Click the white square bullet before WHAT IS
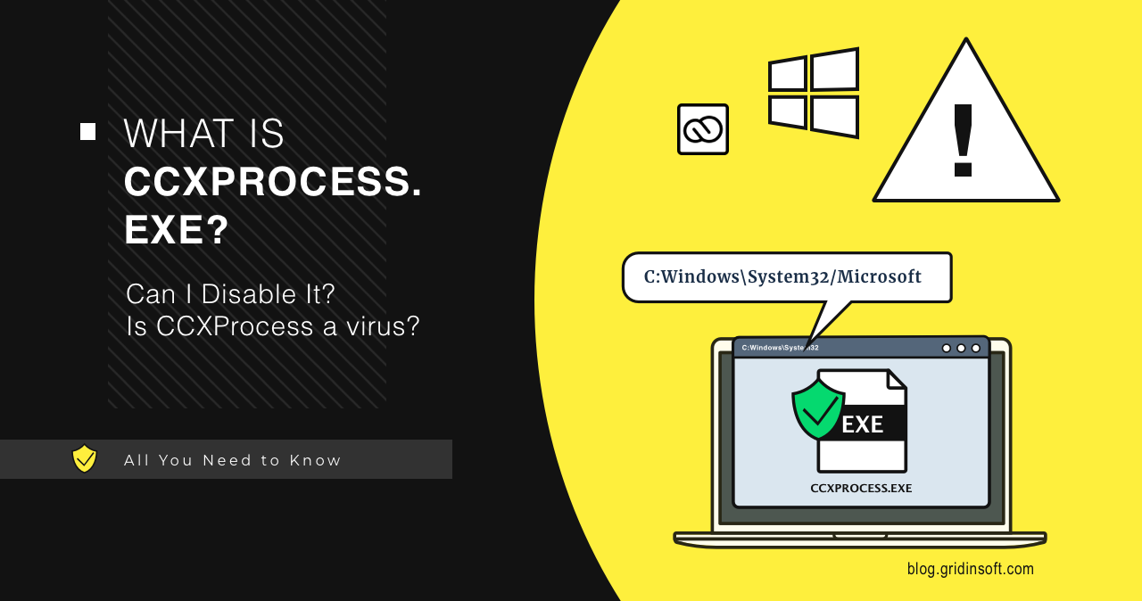(x=87, y=132)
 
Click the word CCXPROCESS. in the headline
(x=272, y=183)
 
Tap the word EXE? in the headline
(x=177, y=231)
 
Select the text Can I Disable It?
(x=230, y=293)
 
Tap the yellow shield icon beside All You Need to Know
(x=85, y=459)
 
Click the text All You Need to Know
(x=233, y=460)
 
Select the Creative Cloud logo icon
(x=703, y=129)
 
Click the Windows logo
(x=813, y=94)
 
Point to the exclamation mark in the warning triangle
(x=963, y=141)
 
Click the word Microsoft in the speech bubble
(x=879, y=277)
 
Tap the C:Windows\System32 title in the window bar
(x=780, y=348)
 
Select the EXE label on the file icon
(x=862, y=424)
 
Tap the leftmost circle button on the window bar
(x=946, y=348)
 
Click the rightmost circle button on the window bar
(x=975, y=348)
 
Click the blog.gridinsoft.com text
(x=970, y=569)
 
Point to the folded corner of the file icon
(x=896, y=380)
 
